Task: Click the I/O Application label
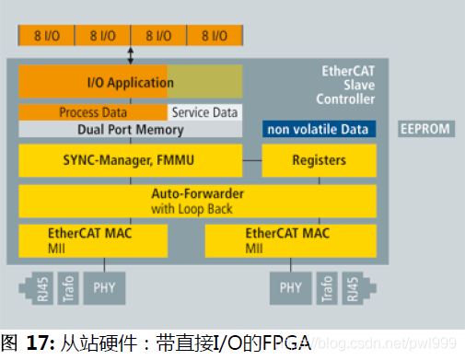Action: [130, 82]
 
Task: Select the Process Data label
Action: [92, 111]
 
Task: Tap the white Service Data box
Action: [204, 111]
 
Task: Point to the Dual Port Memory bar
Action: [130, 129]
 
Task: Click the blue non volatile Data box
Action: [319, 130]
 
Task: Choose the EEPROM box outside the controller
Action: [425, 129]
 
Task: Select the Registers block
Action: [319, 160]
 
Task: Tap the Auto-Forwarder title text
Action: [196, 195]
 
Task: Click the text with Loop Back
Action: [196, 208]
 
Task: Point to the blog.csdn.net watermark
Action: [405, 344]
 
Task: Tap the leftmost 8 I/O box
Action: [46, 36]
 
